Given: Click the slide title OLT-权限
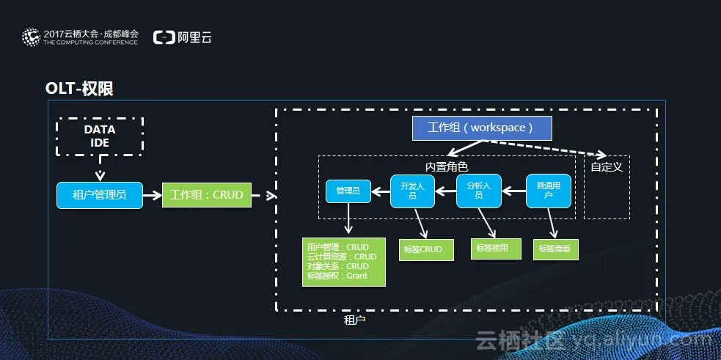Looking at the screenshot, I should pyautogui.click(x=79, y=89).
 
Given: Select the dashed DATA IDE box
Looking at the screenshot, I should pyautogui.click(x=100, y=136).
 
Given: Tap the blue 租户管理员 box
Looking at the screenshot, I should pyautogui.click(x=100, y=195).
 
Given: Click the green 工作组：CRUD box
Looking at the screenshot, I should pyautogui.click(x=206, y=195).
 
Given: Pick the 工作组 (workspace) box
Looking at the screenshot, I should pyautogui.click(x=481, y=128).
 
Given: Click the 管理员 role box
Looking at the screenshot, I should pyautogui.click(x=348, y=191).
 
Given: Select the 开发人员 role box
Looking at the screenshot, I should pyautogui.click(x=412, y=191).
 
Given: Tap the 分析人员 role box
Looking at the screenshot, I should pyautogui.click(x=478, y=191).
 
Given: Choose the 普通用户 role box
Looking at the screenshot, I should pyautogui.click(x=549, y=191).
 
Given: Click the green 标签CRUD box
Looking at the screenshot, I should pyautogui.click(x=422, y=249).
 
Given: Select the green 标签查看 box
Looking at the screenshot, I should pyautogui.click(x=555, y=249).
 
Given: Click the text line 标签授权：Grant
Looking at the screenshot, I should pyautogui.click(x=337, y=276).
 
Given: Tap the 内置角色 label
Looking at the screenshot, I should pyautogui.click(x=446, y=166).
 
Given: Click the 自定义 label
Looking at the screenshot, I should pyautogui.click(x=607, y=166).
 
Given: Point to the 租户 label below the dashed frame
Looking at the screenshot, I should pyautogui.click(x=354, y=320).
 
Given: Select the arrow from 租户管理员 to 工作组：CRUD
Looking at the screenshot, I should pyautogui.click(x=153, y=195).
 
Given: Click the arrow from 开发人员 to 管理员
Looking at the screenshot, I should pyautogui.click(x=380, y=192).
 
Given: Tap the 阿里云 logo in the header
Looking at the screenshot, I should pyautogui.click(x=183, y=37).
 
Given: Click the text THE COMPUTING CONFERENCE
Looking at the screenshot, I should pyautogui.click(x=90, y=43).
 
